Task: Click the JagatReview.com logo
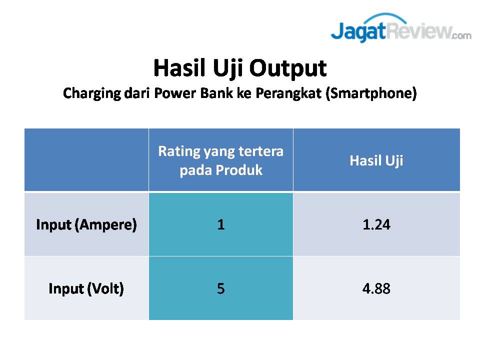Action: [401, 28]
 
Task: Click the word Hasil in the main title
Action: [179, 67]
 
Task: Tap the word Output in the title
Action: [288, 68]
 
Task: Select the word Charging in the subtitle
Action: [92, 93]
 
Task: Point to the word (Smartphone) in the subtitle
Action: [371, 93]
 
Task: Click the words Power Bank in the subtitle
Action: [193, 93]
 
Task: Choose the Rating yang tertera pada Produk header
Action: [220, 160]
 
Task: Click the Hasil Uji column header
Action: [376, 160]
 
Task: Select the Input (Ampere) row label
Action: [86, 224]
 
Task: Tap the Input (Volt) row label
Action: [86, 288]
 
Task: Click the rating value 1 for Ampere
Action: [220, 224]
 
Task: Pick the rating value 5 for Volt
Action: [220, 288]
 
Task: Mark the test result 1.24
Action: [376, 224]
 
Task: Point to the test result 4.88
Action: [376, 288]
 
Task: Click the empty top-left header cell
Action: [86, 160]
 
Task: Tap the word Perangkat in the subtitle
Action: [288, 93]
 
